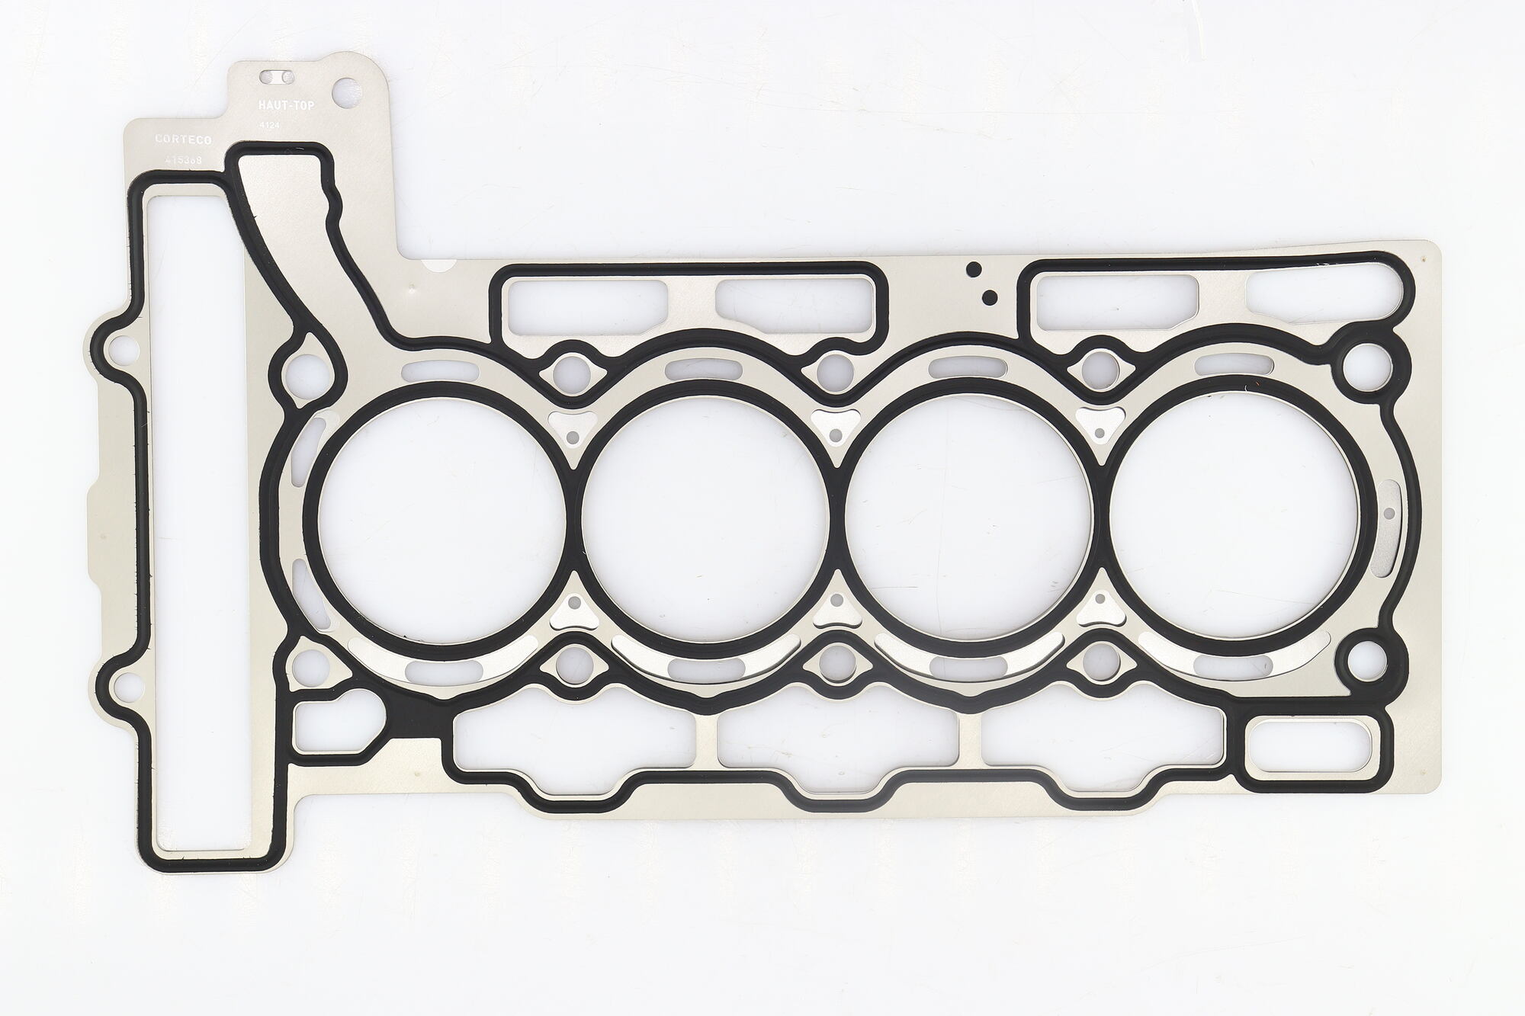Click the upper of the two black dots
point(973,268)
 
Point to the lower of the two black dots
point(989,296)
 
